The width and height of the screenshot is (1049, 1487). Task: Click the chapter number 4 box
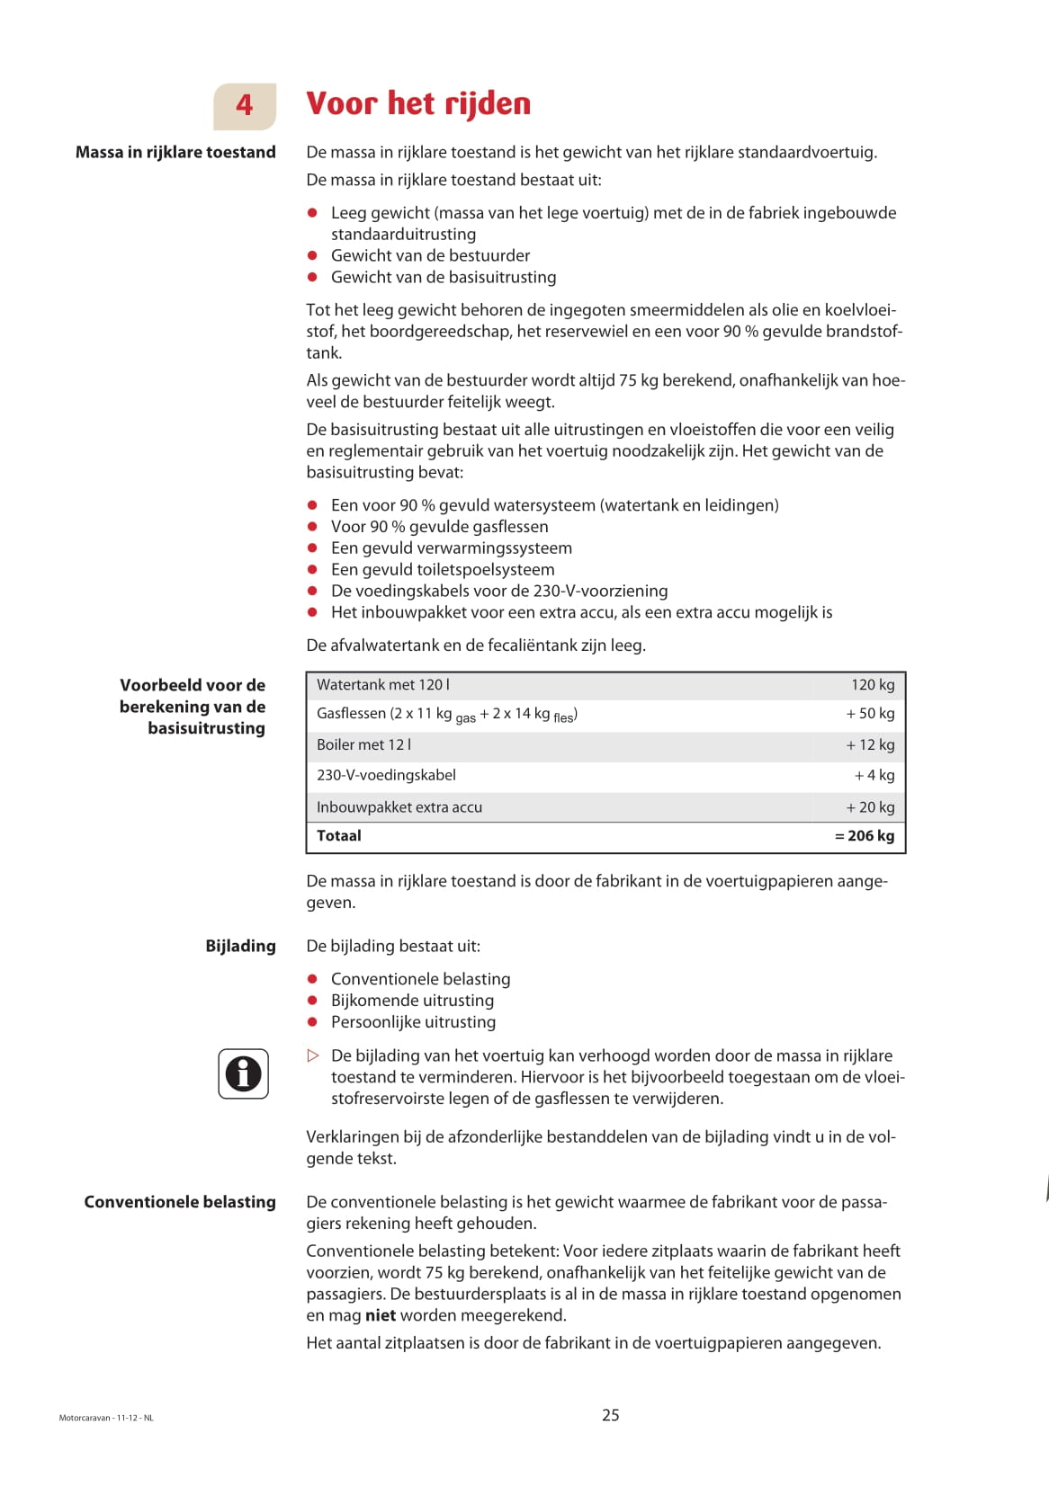click(245, 106)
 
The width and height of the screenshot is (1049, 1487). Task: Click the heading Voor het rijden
click(418, 103)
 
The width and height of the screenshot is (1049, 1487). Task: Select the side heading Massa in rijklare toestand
click(175, 152)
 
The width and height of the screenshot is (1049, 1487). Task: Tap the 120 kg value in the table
click(873, 685)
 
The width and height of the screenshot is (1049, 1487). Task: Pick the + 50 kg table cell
click(870, 714)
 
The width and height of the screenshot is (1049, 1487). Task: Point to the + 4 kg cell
click(874, 776)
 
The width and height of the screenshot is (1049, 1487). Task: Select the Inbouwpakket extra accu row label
click(399, 807)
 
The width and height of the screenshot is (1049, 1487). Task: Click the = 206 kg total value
click(865, 836)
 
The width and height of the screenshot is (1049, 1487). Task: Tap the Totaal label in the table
click(339, 836)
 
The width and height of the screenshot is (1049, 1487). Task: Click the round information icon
click(243, 1073)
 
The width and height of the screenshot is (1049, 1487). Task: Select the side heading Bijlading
click(240, 946)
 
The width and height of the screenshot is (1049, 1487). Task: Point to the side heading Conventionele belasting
click(180, 1202)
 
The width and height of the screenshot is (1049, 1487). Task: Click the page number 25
click(611, 1415)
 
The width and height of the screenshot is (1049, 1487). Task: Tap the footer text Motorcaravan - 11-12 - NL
click(106, 1419)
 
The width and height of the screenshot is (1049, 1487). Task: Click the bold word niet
click(381, 1316)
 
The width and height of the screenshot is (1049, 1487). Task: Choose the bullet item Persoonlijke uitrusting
click(413, 1022)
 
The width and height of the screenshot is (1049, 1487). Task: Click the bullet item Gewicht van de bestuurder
click(430, 255)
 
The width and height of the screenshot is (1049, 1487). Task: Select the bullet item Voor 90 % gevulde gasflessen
click(439, 527)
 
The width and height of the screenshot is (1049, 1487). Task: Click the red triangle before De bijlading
click(313, 1055)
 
